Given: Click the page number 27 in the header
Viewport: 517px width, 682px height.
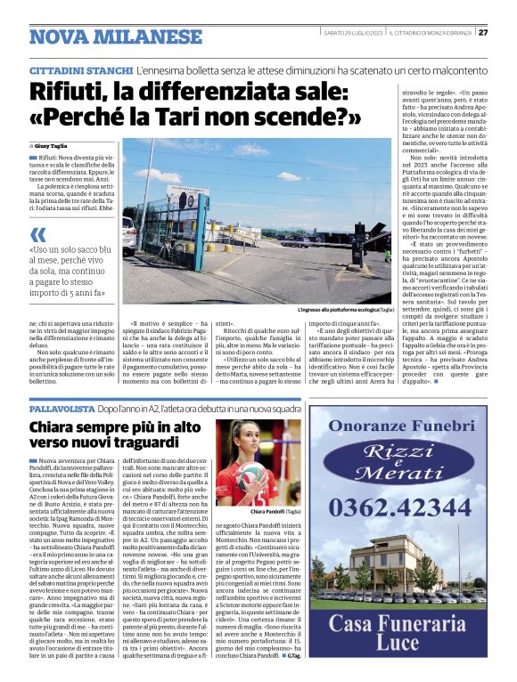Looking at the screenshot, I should point(483,33).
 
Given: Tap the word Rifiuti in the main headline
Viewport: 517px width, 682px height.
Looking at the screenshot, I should point(70,91).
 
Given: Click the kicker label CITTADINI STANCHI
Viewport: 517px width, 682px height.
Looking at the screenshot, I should point(81,69).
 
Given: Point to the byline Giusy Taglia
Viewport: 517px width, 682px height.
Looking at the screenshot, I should point(51,143).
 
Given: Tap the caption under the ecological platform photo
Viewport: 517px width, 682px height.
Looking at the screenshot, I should point(344,311).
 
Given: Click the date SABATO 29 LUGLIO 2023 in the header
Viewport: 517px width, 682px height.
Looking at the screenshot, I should point(354,33).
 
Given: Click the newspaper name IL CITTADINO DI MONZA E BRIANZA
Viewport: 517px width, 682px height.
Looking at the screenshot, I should point(431,33).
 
